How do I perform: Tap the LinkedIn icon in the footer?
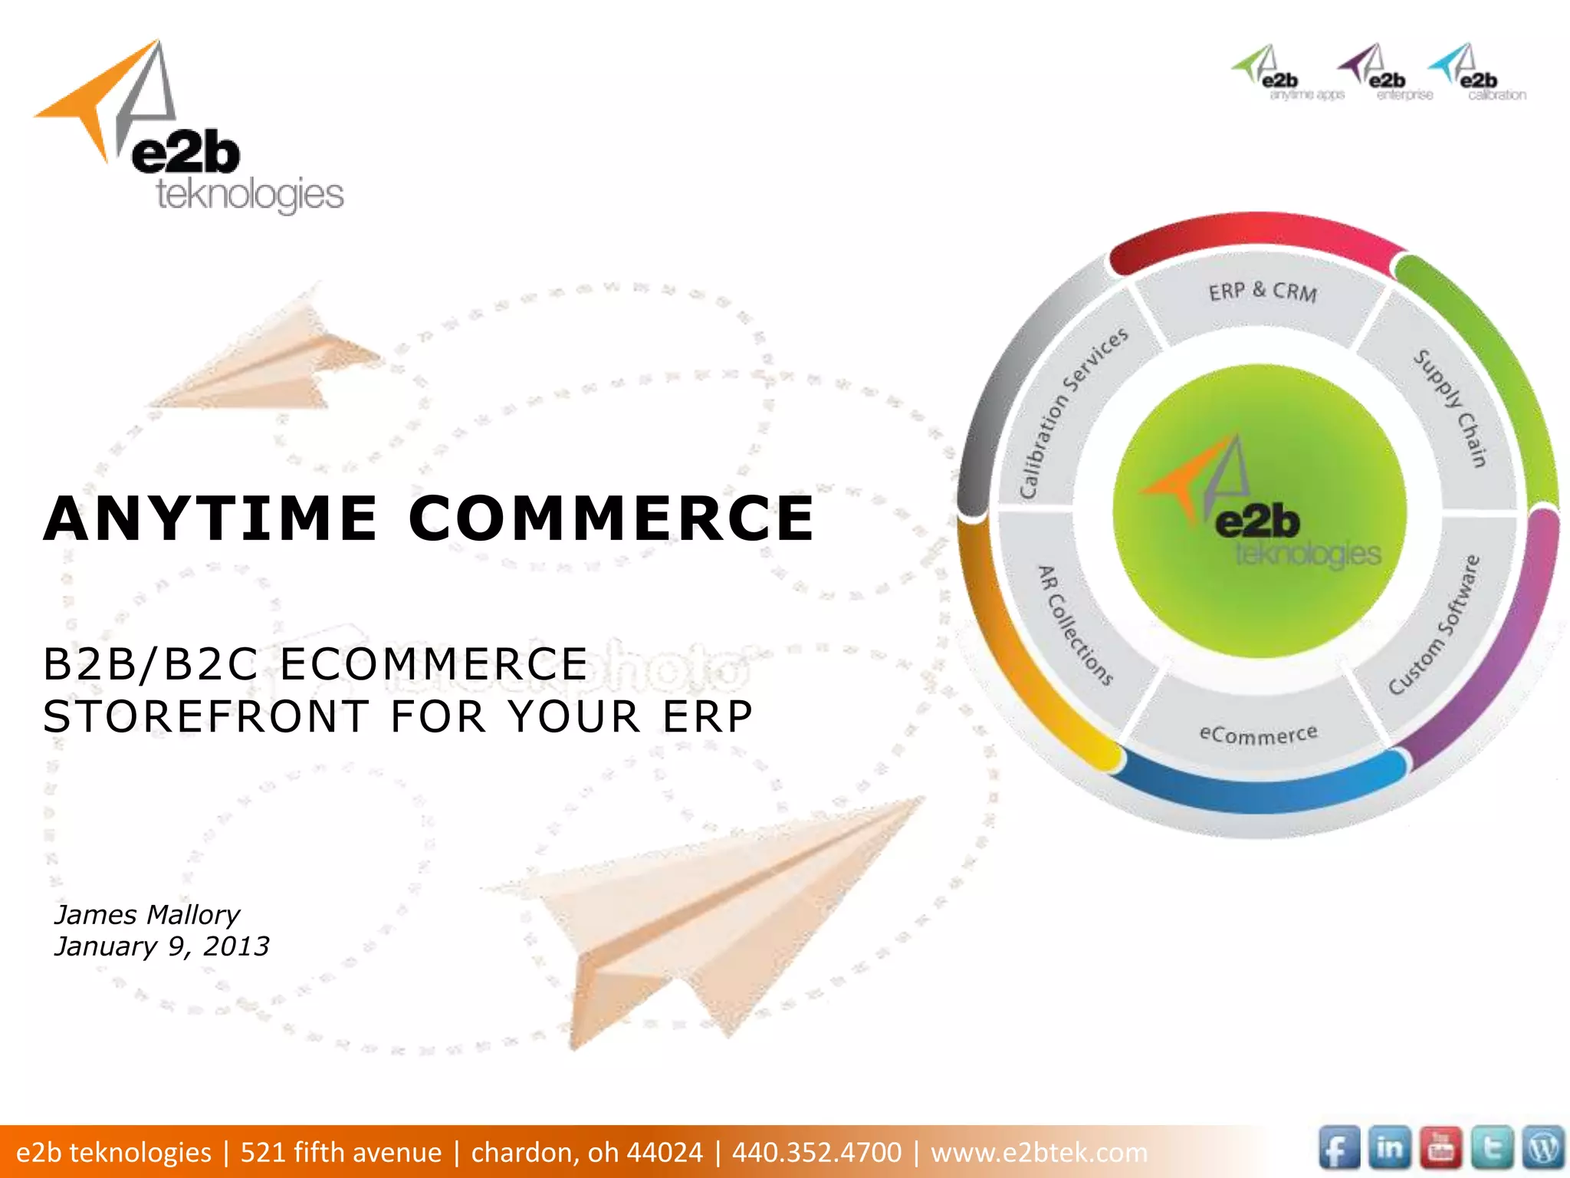(1389, 1149)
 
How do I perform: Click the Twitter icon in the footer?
(1492, 1149)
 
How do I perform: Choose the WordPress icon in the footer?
(1543, 1149)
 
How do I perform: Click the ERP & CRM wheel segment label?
(1263, 292)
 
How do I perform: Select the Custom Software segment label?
(1434, 625)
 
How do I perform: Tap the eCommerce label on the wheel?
(1258, 734)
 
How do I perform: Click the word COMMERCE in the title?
(611, 519)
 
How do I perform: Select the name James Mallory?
(147, 915)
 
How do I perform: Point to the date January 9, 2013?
(162, 946)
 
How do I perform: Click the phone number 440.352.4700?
(816, 1152)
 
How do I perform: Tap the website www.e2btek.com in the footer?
(1039, 1152)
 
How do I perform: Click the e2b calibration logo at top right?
(1476, 73)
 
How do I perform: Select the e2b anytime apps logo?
(1288, 73)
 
